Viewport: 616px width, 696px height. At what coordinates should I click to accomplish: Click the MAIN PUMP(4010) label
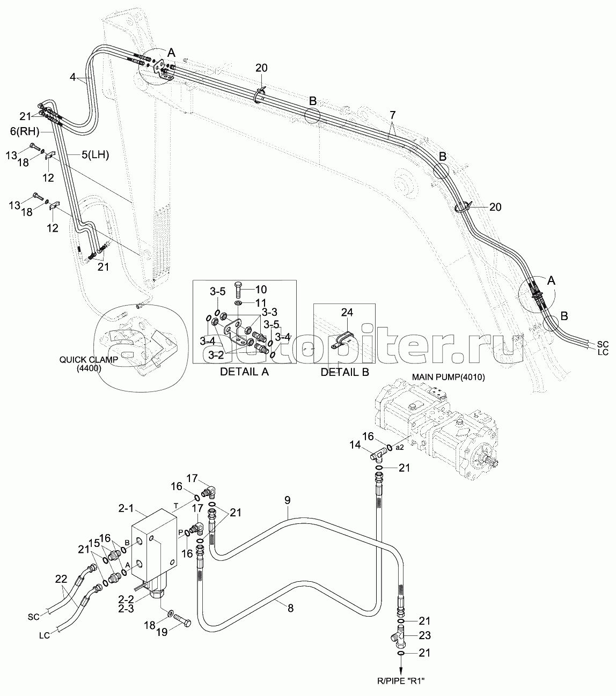[x=448, y=377]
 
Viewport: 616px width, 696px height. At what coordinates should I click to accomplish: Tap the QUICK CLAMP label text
[x=89, y=360]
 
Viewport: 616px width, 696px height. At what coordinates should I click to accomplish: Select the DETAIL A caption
[x=244, y=372]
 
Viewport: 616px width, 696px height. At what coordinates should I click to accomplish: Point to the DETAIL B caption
[x=344, y=372]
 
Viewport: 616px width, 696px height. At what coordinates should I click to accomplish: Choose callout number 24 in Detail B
[x=347, y=312]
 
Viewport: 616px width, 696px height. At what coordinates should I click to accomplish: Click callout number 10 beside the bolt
[x=261, y=290]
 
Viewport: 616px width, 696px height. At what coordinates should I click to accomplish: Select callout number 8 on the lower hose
[x=290, y=609]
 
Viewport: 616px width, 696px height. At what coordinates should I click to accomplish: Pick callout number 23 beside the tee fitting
[x=424, y=635]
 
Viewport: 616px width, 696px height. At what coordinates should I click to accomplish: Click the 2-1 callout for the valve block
[x=126, y=508]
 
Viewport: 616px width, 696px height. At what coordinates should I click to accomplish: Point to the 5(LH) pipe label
[x=95, y=155]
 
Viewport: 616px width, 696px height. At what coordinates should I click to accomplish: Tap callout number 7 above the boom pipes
[x=393, y=115]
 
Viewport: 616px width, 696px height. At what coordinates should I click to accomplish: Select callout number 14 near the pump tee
[x=355, y=445]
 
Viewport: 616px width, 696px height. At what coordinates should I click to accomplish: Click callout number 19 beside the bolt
[x=162, y=632]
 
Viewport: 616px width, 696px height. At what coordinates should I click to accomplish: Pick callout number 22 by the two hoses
[x=61, y=579]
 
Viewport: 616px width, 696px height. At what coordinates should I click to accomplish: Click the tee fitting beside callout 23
[x=399, y=636]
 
